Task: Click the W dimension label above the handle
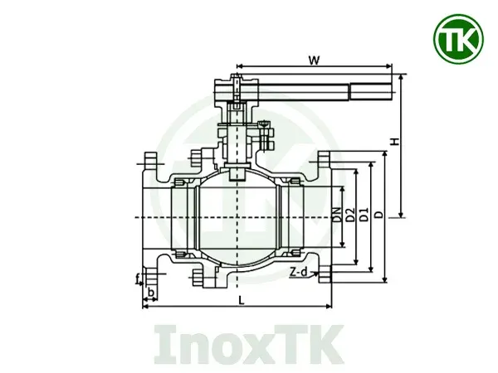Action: point(313,60)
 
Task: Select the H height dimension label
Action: point(396,143)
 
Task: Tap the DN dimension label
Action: point(336,217)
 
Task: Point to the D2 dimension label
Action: point(350,217)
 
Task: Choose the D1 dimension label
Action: point(364,217)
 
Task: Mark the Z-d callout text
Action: point(298,271)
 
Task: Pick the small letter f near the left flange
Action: point(138,279)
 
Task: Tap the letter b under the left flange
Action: point(150,293)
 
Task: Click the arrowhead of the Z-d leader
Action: point(320,274)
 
